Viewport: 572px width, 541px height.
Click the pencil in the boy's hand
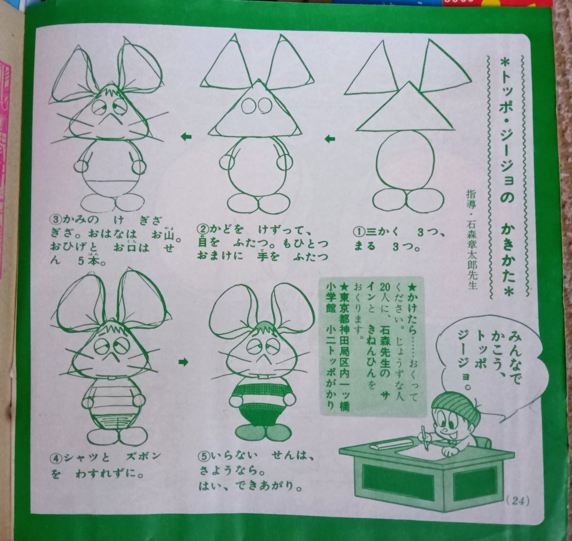[x=423, y=434]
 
